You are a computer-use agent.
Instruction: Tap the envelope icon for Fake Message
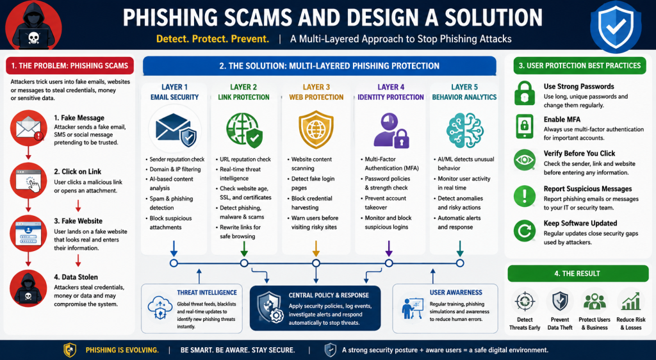[28, 128]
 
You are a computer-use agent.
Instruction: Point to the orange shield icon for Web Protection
[316, 129]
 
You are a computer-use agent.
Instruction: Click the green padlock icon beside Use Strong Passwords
[525, 94]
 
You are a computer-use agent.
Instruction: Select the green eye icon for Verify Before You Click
[525, 160]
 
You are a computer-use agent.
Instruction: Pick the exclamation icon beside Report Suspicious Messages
[525, 195]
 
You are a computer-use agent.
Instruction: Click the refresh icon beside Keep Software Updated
[525, 231]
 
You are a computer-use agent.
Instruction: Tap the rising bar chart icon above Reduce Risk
[631, 302]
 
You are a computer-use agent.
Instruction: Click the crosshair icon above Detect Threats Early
[525, 302]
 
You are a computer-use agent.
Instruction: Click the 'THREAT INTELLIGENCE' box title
[207, 293]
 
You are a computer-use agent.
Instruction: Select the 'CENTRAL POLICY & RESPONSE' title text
[329, 295]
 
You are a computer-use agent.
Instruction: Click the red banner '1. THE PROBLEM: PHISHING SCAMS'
[70, 65]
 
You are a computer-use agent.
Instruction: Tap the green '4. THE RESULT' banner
[577, 274]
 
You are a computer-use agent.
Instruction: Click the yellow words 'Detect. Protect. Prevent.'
[213, 39]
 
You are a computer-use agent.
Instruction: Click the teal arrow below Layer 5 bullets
[460, 249]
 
